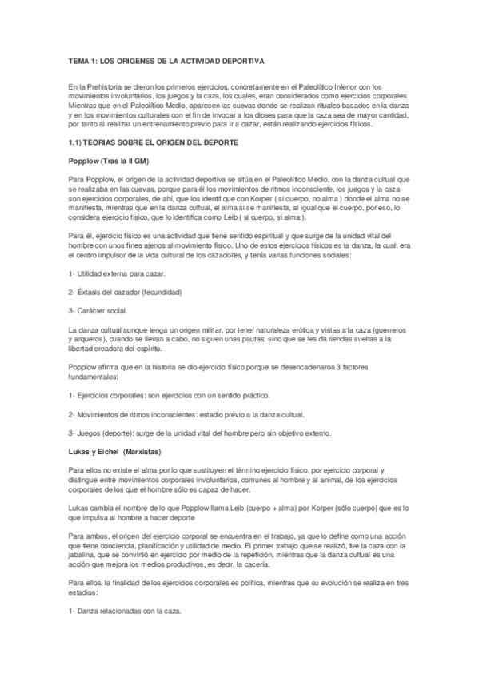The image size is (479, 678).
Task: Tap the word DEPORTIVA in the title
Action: pos(244,61)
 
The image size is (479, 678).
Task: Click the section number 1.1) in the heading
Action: pos(78,141)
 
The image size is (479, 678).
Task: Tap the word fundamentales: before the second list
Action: pos(93,377)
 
